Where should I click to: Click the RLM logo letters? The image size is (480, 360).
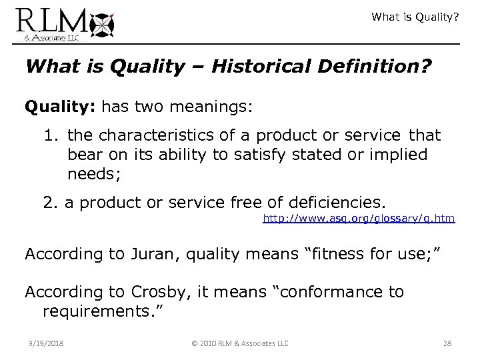[50, 21]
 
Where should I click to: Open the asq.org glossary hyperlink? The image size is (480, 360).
[359, 218]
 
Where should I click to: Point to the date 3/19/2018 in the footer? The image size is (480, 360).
[43, 343]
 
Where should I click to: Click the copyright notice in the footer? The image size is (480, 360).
[239, 343]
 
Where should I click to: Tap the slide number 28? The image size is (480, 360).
[447, 343]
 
